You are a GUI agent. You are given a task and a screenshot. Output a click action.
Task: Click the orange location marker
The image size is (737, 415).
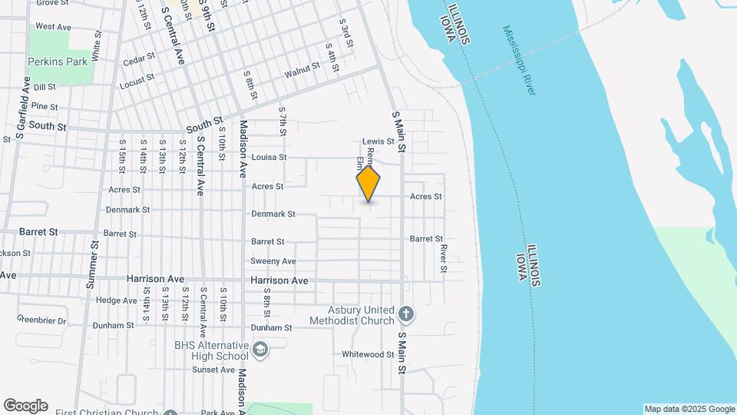point(368,184)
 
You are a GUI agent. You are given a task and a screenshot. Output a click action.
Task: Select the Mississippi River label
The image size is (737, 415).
point(520,61)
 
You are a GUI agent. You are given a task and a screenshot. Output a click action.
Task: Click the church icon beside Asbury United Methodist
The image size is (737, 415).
point(407,314)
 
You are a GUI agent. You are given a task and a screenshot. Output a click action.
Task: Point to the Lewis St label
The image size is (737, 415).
point(378,141)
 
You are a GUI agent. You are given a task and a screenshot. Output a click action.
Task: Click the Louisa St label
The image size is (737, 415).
point(268,158)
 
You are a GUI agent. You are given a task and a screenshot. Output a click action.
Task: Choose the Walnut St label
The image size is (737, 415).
point(302,70)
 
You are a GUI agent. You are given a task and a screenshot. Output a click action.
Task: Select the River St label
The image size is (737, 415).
point(444,258)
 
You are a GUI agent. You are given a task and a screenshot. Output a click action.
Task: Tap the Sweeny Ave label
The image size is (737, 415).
point(273,261)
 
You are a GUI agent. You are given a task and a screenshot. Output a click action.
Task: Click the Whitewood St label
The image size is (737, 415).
point(368,354)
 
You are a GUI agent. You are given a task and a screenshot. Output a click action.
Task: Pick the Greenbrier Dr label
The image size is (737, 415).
point(41,320)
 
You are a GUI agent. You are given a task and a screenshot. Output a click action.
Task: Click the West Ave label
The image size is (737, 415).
point(53,27)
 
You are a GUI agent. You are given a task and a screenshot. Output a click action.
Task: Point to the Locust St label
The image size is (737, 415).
point(137,79)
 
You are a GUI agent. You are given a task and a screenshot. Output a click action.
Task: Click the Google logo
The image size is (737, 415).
point(25,406)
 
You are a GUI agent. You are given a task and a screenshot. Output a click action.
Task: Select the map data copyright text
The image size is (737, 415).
point(689,409)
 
